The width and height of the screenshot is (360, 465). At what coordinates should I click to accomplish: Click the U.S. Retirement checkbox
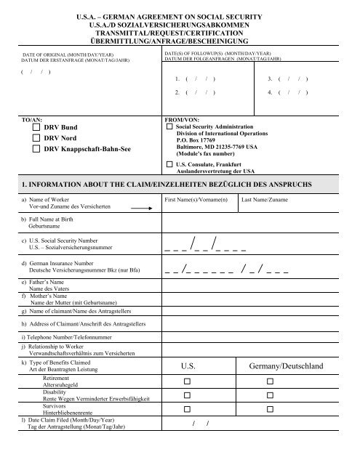[187, 381]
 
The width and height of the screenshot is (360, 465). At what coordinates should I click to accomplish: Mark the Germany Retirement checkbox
[271, 381]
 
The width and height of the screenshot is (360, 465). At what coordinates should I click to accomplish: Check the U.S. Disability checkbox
[187, 395]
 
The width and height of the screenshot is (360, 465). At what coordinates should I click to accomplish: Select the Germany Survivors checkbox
[271, 409]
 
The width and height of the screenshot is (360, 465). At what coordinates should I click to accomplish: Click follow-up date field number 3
[288, 98]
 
